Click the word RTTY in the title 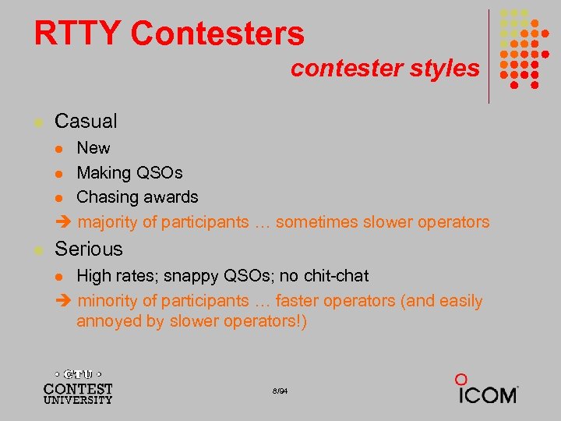78,34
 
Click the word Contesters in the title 218,34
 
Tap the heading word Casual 86,121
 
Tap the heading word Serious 89,249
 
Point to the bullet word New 93,147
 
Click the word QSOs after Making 160,172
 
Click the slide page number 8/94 280,390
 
